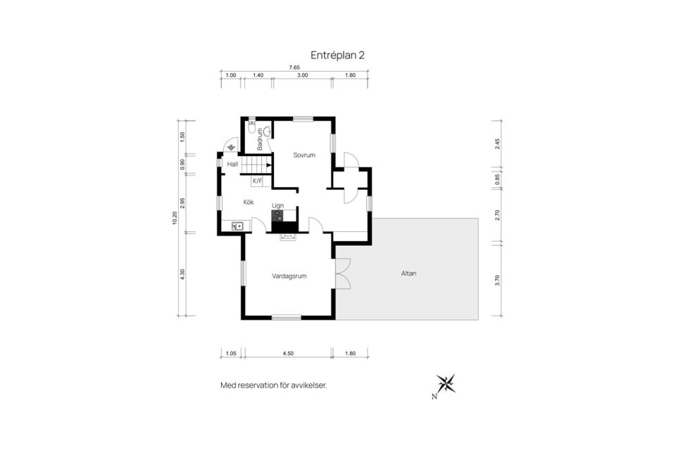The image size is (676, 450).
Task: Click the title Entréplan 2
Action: [337, 55]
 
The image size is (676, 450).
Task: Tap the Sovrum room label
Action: [304, 155]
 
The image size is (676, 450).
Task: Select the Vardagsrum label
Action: [289, 276]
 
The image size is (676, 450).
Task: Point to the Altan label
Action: [408, 273]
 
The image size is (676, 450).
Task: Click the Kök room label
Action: [249, 202]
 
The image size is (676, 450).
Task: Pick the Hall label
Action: [232, 164]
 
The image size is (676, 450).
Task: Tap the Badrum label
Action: [260, 139]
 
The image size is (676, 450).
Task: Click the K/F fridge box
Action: [258, 181]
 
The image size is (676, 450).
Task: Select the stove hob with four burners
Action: [277, 216]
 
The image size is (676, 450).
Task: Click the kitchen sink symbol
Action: [237, 226]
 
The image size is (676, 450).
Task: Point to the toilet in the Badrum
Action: [252, 127]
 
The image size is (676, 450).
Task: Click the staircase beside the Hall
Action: [256, 165]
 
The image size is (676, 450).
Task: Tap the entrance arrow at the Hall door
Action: [231, 147]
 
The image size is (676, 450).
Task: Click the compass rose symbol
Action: [446, 383]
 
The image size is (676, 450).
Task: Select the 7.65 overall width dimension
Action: [294, 67]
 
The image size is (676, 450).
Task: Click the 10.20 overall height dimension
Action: [174, 218]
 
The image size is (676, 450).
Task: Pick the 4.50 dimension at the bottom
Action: [288, 354]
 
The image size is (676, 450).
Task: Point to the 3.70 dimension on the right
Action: [497, 281]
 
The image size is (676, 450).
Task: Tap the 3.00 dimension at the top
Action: [302, 75]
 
